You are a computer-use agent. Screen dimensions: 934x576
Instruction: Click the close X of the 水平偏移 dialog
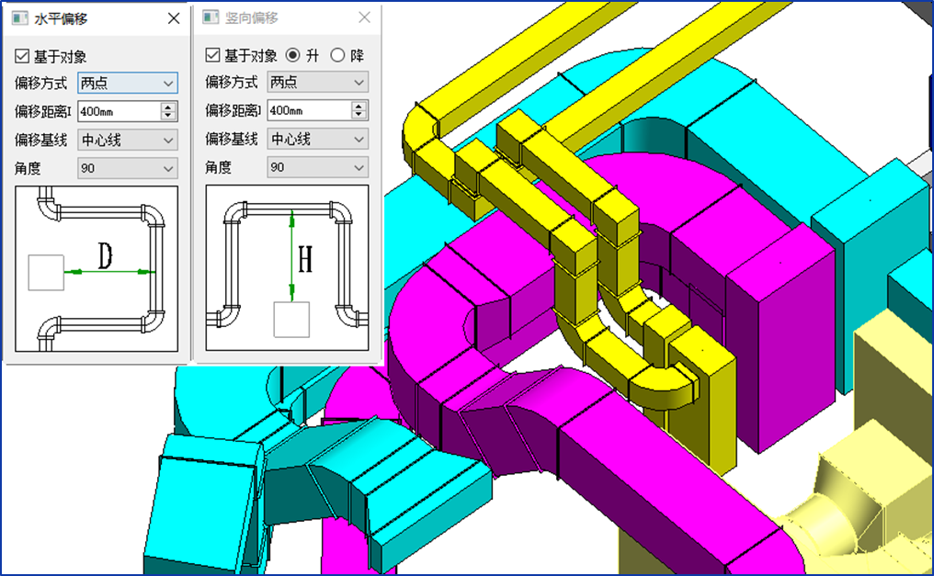pos(174,18)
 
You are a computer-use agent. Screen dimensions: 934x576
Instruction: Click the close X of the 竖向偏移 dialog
pos(365,17)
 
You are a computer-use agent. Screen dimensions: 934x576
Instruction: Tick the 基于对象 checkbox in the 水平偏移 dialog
pos(22,57)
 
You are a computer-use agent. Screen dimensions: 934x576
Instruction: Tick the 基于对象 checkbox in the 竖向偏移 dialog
pos(212,55)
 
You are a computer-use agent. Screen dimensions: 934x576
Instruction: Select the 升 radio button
pos(292,55)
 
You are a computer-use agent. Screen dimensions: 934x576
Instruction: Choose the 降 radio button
pos(337,55)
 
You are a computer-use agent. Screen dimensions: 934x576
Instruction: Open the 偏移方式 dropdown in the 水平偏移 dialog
pos(128,83)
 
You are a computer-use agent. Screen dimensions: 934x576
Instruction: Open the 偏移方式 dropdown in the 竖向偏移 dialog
pos(317,82)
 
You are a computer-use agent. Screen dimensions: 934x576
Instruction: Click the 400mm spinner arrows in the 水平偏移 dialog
pos(168,111)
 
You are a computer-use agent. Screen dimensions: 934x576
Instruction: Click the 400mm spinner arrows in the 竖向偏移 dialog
pos(359,110)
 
